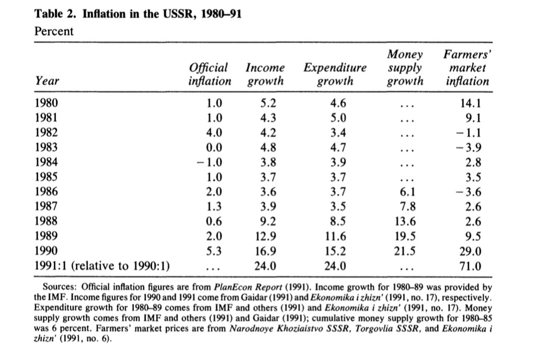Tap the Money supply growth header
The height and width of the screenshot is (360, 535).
405,68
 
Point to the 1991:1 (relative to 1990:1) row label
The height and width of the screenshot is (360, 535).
103,266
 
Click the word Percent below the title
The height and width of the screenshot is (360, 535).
53,31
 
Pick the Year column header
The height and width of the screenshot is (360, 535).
47,81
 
